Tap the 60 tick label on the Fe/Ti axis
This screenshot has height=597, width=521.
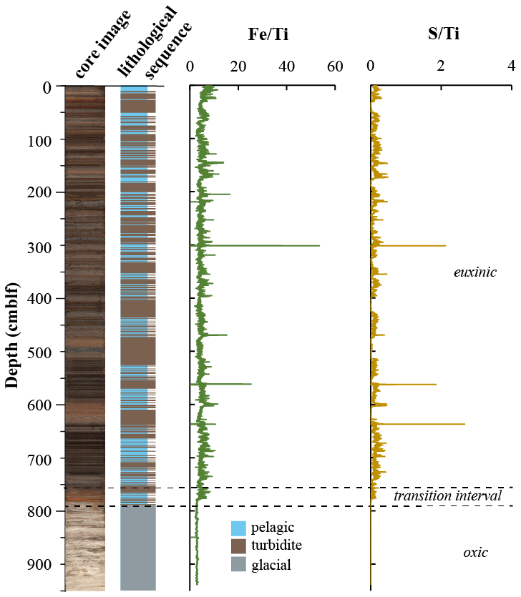pyautogui.click(x=335, y=66)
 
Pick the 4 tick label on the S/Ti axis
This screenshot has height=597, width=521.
pyautogui.click(x=511, y=66)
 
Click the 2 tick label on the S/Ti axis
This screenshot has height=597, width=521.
pyautogui.click(x=441, y=66)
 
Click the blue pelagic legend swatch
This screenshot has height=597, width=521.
pyautogui.click(x=238, y=528)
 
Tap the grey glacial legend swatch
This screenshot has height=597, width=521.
pyautogui.click(x=238, y=565)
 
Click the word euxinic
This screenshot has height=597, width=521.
pyautogui.click(x=474, y=272)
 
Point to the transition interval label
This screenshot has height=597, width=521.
pyautogui.click(x=447, y=496)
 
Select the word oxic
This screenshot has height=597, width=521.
pyautogui.click(x=475, y=552)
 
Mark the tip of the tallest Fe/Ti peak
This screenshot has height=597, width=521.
pyautogui.click(x=319, y=246)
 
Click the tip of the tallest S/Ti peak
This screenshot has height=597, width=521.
pyautogui.click(x=464, y=425)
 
